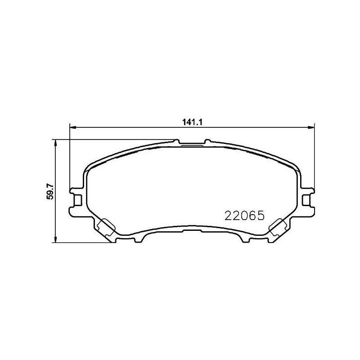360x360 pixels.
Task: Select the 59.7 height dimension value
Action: pyautogui.click(x=51, y=192)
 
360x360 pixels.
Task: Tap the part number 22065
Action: pyautogui.click(x=243, y=216)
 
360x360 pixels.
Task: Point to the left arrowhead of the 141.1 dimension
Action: pyautogui.click(x=72, y=127)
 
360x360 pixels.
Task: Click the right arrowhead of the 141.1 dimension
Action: pyautogui.click(x=311, y=127)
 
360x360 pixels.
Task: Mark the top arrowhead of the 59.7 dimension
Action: pyautogui.click(x=55, y=142)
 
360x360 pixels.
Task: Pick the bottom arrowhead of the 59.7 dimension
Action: pyautogui.click(x=55, y=240)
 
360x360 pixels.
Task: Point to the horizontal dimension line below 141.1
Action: pyautogui.click(x=135, y=127)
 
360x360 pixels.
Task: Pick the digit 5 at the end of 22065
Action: pyautogui.click(x=260, y=216)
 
